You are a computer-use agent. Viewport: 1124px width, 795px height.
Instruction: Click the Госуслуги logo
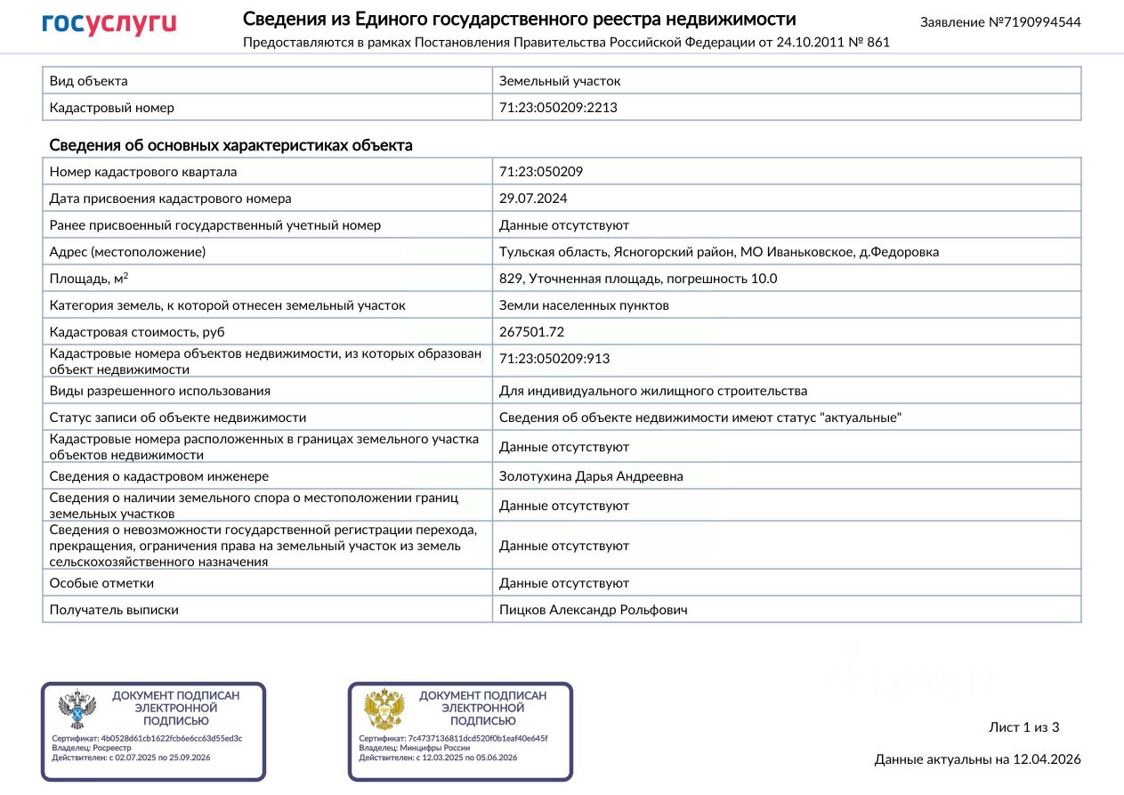(x=109, y=24)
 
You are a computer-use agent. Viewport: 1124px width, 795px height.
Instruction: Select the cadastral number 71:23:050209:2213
(x=558, y=108)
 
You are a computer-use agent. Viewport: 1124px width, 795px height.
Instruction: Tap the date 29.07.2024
(x=533, y=199)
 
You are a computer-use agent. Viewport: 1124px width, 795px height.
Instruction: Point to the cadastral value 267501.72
(x=532, y=332)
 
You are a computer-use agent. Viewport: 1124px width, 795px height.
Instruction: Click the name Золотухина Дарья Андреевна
(x=591, y=476)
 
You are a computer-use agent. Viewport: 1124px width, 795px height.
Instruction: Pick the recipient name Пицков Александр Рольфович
(x=594, y=610)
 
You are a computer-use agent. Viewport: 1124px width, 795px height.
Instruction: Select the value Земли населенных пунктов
(x=584, y=305)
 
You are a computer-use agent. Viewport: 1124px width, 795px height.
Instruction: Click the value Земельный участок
(x=560, y=81)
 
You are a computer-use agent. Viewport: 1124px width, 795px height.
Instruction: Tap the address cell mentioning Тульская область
(x=719, y=252)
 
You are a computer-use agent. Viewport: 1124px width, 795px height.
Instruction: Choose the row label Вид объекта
(x=89, y=81)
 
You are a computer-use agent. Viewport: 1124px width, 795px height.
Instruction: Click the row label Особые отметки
(x=102, y=583)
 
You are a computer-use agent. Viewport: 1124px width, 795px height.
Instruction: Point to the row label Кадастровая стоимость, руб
(x=137, y=332)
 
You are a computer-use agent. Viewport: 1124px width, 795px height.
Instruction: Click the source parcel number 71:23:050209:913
(x=554, y=359)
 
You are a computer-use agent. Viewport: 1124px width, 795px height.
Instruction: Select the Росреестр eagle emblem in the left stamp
(x=77, y=710)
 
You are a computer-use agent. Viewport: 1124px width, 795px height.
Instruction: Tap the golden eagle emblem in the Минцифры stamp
(x=384, y=710)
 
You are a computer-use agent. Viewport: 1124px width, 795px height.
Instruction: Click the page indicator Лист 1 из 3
(x=1023, y=727)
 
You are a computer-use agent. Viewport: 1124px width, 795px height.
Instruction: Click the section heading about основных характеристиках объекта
(x=230, y=145)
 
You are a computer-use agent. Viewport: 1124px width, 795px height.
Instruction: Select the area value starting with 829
(x=638, y=279)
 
